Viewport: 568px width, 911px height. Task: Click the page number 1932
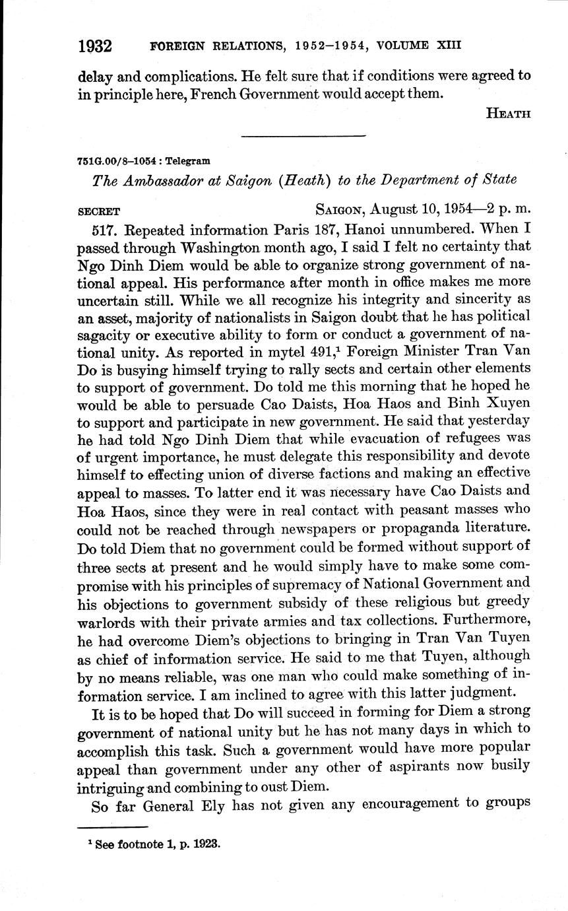point(96,46)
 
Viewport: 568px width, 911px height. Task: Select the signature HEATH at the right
point(507,113)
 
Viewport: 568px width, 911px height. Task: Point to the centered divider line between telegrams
point(303,137)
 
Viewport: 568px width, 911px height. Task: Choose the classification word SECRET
point(99,212)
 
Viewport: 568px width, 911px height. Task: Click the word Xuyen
point(507,385)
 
